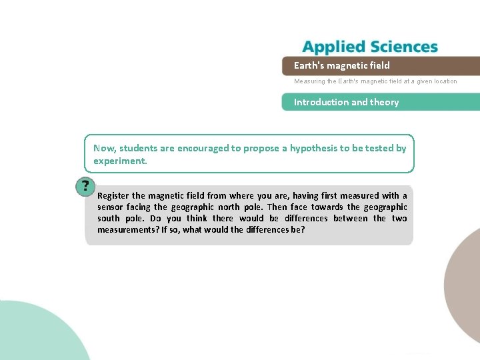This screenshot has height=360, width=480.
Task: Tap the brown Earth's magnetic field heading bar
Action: [x=380, y=65]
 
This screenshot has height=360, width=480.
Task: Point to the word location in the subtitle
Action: [x=444, y=81]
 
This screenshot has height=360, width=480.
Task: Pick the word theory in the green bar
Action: [x=385, y=102]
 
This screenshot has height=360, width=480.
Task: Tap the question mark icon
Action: [x=85, y=187]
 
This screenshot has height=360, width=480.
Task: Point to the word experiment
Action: [x=119, y=161]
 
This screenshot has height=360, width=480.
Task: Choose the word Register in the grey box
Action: [x=113, y=195]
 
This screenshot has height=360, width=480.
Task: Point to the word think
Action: [x=197, y=218]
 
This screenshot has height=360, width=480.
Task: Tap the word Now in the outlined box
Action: [x=103, y=148]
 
